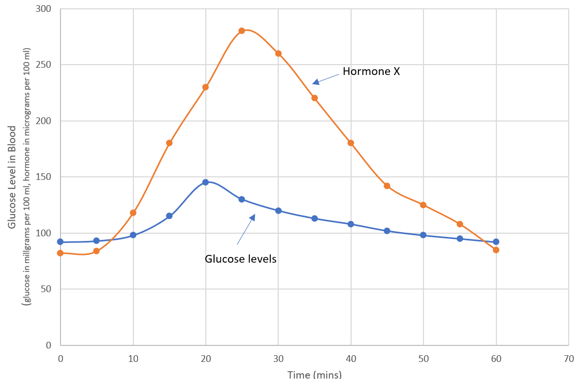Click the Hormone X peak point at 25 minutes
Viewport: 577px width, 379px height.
point(241,31)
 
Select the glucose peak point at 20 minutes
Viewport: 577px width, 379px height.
point(205,182)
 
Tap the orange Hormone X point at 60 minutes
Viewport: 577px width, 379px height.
point(496,250)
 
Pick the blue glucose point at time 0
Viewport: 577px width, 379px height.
point(60,241)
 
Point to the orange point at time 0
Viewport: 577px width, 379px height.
point(60,253)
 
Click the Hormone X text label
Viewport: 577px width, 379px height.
point(371,72)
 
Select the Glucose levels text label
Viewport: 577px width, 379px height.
point(240,259)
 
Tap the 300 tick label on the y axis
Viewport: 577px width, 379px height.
point(45,9)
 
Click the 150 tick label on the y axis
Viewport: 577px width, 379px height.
point(45,177)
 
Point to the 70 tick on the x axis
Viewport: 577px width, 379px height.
point(569,358)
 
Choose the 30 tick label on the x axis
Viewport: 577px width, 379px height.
point(278,358)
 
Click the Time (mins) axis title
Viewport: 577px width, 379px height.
point(314,374)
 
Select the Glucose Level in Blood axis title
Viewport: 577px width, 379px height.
point(11,177)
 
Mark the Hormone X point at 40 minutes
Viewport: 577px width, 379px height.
point(351,143)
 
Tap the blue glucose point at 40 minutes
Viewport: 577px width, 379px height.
point(351,224)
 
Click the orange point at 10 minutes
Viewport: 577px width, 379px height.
point(133,213)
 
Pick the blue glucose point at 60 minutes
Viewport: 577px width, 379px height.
point(496,241)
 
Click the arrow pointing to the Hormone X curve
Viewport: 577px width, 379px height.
point(327,77)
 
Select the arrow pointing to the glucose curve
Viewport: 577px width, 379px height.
point(246,229)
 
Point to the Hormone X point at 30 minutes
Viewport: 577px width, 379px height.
point(278,53)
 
